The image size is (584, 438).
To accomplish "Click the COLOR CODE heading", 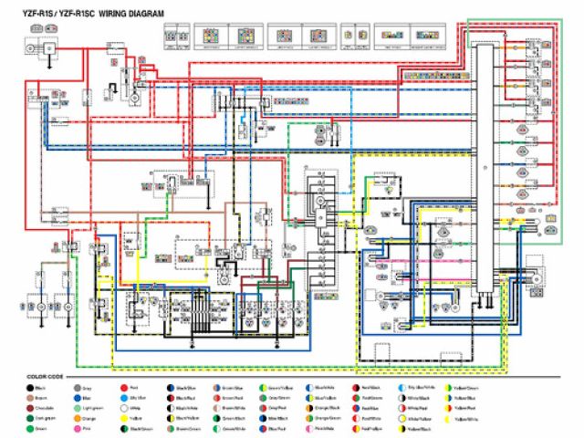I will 45,377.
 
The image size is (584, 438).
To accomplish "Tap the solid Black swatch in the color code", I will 30,388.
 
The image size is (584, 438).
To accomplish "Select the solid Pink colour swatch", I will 78,429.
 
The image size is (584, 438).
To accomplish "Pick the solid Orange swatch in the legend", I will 78,419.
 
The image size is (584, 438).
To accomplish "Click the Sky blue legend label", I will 138,398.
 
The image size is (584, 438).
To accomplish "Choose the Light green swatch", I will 78,408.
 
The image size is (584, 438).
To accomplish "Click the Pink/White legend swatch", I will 309,429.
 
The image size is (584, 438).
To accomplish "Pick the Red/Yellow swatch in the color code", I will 356,429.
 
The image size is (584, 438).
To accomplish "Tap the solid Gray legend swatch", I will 78,388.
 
